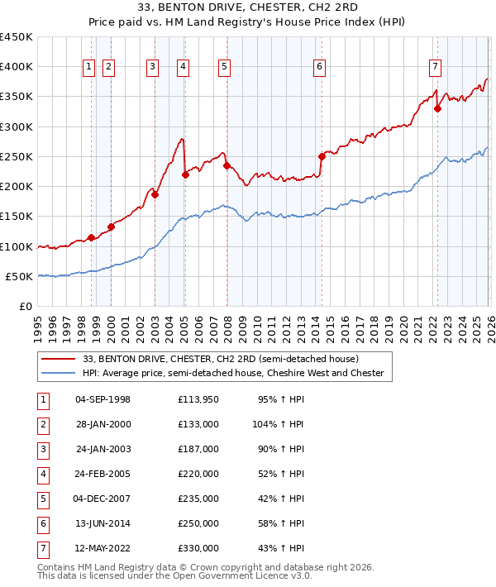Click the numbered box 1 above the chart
[x=88, y=68]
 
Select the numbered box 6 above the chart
[x=319, y=68]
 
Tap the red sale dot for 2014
[x=322, y=156]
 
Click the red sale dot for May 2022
[x=437, y=108]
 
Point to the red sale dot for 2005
[x=185, y=174]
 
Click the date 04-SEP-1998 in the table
[x=103, y=399]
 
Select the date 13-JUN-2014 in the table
[x=103, y=523]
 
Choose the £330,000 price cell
[x=198, y=548]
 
